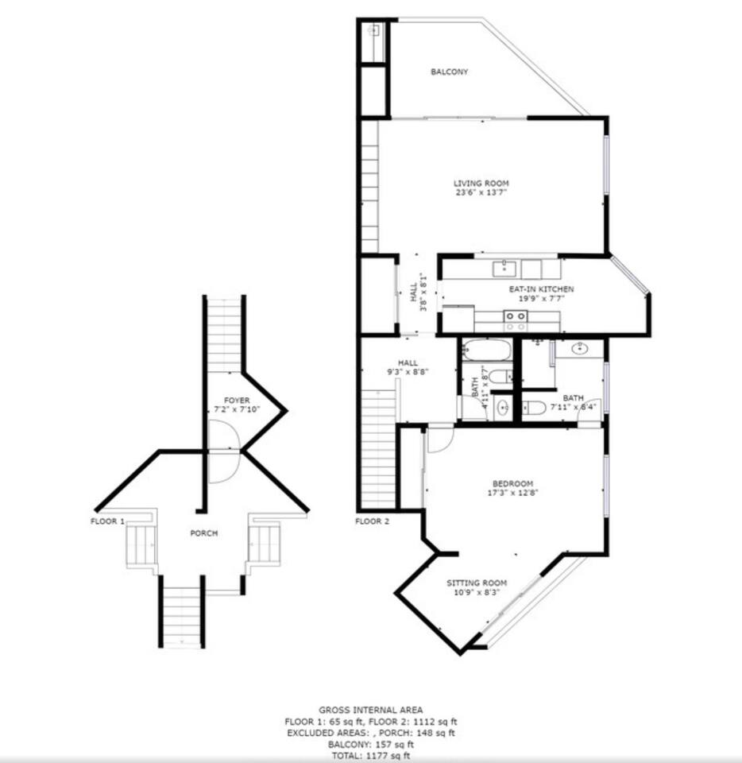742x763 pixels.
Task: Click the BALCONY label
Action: click(450, 72)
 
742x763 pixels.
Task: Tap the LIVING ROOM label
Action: click(481, 184)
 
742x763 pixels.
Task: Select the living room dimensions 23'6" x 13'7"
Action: click(481, 192)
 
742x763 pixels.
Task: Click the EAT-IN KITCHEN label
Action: click(541, 289)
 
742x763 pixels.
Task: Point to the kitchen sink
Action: click(504, 268)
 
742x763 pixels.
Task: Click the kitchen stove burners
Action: click(516, 321)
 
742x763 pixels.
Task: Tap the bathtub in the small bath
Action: click(486, 350)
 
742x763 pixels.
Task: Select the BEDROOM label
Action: click(512, 484)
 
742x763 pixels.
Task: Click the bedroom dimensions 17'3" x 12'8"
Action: click(512, 493)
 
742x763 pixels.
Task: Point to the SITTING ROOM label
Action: click(477, 583)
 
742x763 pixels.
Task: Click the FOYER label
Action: click(237, 401)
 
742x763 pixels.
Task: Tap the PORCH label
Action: click(203, 533)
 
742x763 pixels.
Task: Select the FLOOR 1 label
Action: click(107, 521)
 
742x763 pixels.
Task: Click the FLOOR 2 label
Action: click(372, 521)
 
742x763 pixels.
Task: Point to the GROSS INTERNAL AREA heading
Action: click(370, 711)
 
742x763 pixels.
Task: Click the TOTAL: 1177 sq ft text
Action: click(370, 756)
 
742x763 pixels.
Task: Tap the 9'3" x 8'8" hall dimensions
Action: click(408, 372)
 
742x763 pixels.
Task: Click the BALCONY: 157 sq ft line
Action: click(370, 745)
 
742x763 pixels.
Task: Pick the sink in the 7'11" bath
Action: click(580, 348)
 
